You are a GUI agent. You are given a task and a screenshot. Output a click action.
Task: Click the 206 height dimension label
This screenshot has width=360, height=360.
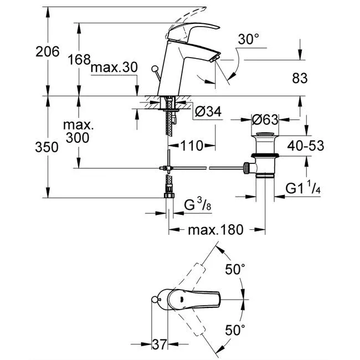coord(48,52)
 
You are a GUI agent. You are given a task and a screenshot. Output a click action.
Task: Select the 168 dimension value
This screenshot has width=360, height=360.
coord(79,60)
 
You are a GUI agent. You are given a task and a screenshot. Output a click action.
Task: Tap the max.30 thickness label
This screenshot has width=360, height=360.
coord(114,68)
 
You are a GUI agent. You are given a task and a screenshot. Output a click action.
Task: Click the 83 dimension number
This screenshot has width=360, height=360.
coord(300,78)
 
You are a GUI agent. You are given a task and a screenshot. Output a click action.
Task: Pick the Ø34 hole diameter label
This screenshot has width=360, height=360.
coord(208,112)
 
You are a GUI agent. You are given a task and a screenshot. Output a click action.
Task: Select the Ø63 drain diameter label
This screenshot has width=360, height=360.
coord(265,120)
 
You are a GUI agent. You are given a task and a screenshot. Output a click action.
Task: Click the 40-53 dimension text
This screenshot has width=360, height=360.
coord(306,146)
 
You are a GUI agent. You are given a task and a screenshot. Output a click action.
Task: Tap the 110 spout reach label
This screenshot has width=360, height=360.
coord(192,146)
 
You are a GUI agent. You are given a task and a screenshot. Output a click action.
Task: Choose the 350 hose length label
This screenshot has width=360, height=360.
coord(47,147)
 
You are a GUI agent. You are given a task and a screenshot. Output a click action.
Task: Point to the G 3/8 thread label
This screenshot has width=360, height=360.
coord(198,205)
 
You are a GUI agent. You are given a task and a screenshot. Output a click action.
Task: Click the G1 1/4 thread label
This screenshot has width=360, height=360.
coord(303,188)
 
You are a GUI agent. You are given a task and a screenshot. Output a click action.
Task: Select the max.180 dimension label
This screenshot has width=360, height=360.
coord(215,230)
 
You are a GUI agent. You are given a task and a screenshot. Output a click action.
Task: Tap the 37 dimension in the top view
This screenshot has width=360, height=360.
coord(160,344)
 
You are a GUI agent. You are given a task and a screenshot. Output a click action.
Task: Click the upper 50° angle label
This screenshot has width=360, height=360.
coord(235,269)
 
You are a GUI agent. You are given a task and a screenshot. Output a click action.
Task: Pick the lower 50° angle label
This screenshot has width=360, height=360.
coord(235,330)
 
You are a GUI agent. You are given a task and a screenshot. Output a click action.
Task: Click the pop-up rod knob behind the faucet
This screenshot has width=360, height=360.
coord(155,68)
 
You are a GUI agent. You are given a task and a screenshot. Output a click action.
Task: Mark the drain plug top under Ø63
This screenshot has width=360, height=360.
coord(265,134)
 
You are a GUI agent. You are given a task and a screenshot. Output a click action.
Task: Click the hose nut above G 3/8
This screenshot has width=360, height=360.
coord(169,196)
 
